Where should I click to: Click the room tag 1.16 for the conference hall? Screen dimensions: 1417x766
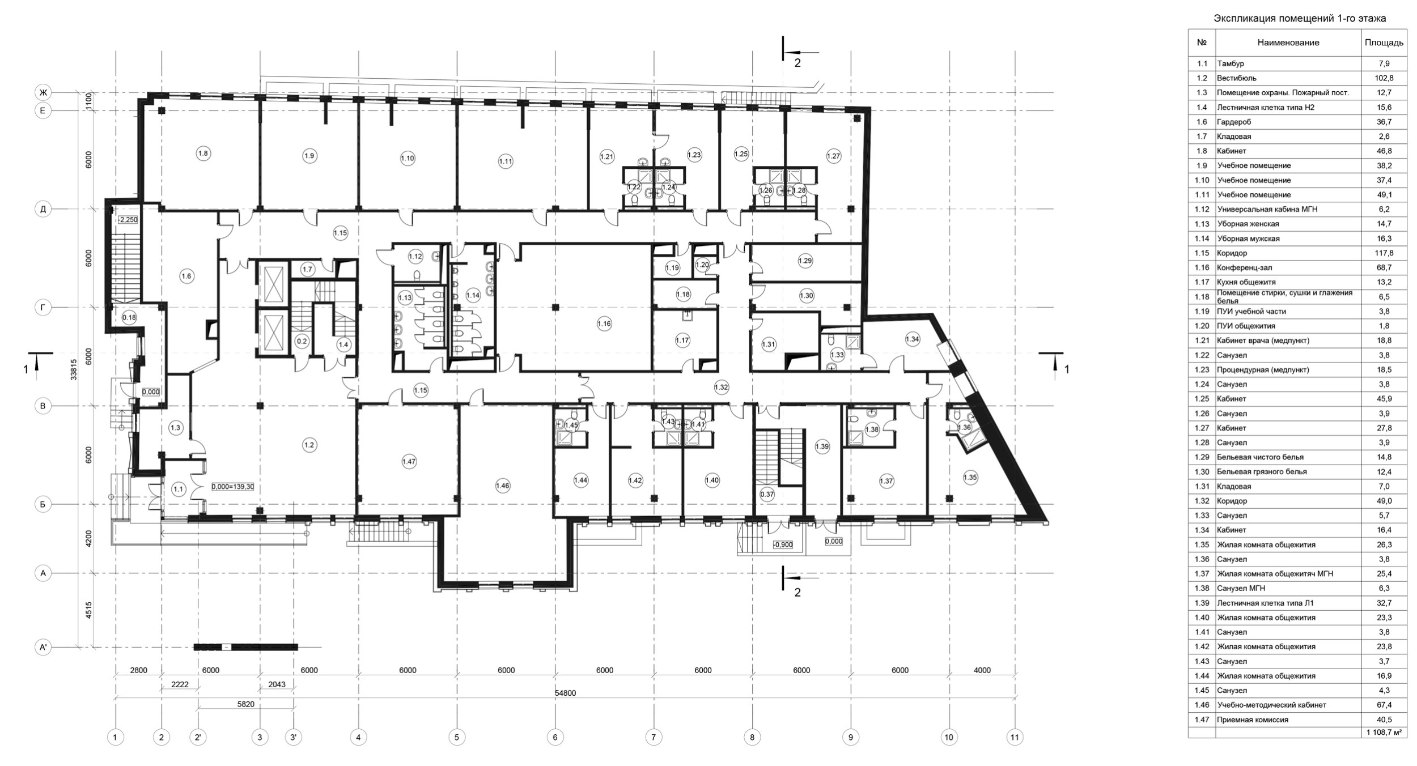click(x=604, y=324)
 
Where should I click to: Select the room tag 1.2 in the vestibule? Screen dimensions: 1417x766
click(x=309, y=445)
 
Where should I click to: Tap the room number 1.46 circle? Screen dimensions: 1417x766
click(x=502, y=485)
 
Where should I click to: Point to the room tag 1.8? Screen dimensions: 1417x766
click(x=203, y=153)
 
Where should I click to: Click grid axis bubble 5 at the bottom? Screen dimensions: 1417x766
click(x=457, y=737)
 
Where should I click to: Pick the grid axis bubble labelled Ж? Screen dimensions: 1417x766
click(x=43, y=92)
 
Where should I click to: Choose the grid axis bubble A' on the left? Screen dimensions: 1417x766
click(x=43, y=647)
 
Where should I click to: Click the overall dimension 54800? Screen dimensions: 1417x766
click(x=565, y=693)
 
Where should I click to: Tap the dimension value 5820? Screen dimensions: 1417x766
click(x=245, y=704)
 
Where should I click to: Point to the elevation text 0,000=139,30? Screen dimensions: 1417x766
click(x=233, y=486)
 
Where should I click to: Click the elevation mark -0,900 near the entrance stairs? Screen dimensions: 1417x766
click(x=782, y=544)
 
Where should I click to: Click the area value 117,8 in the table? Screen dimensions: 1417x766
click(x=1384, y=253)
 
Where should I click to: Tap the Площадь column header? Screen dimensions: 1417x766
click(x=1384, y=42)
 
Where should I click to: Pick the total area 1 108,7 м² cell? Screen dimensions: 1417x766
click(x=1384, y=732)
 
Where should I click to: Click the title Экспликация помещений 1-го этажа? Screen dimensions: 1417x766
click(x=1300, y=19)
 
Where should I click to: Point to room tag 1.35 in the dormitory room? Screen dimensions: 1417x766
click(x=970, y=477)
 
